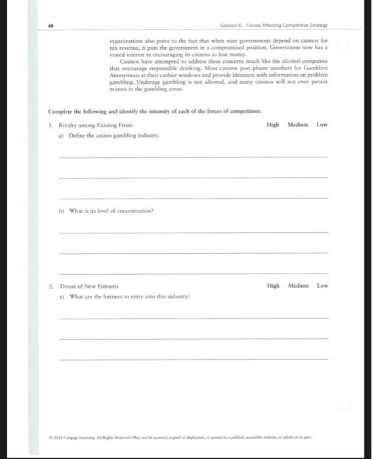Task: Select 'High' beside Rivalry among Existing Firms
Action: [274, 125]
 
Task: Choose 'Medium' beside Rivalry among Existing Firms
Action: [297, 125]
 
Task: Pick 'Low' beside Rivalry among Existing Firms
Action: [322, 125]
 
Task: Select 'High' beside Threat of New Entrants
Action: [274, 286]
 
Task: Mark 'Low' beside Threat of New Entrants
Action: [322, 286]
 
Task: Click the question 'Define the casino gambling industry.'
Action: [109, 135]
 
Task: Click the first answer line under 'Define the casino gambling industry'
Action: [193, 156]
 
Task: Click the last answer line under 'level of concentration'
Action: [193, 273]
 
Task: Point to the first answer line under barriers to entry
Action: [193, 317]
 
